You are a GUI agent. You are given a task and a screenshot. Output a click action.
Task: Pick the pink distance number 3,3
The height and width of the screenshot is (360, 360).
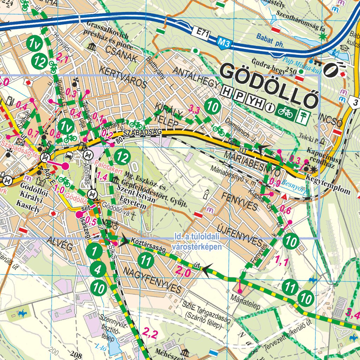[194, 109]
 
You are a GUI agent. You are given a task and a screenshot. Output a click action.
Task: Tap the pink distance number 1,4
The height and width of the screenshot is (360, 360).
[102, 176]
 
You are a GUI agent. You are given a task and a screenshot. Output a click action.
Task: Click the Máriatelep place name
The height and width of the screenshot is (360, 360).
[245, 306]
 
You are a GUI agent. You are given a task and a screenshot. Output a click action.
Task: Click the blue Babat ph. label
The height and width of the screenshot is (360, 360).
[269, 36]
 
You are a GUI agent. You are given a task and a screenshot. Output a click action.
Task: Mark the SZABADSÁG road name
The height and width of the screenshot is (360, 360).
[142, 132]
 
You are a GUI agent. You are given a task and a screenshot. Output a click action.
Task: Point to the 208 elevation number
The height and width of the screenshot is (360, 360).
[76, 354]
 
